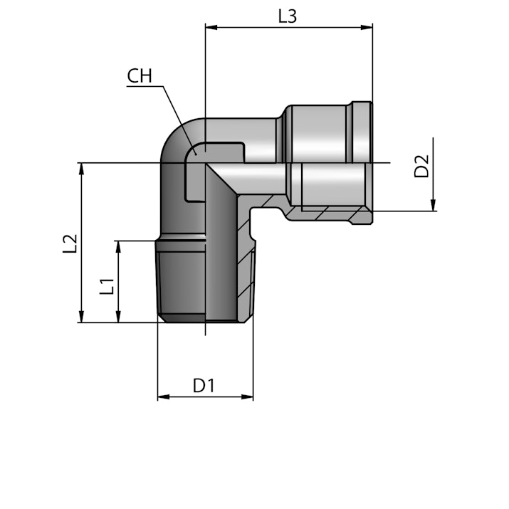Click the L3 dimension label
tap(288, 16)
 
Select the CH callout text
tap(140, 76)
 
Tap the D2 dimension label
tap(421, 167)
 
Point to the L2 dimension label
tap(70, 243)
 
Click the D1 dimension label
tap(204, 386)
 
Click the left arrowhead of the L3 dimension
tap(211, 27)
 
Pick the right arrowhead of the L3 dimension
tap(367, 27)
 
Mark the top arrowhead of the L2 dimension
tap(81, 169)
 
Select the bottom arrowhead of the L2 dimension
tap(81, 317)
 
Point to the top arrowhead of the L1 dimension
tap(118, 247)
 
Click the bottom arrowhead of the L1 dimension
tap(118, 317)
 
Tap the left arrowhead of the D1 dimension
tap(164, 397)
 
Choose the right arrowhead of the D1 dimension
tap(247, 397)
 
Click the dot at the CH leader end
tap(196, 154)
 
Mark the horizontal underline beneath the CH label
tap(145, 86)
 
